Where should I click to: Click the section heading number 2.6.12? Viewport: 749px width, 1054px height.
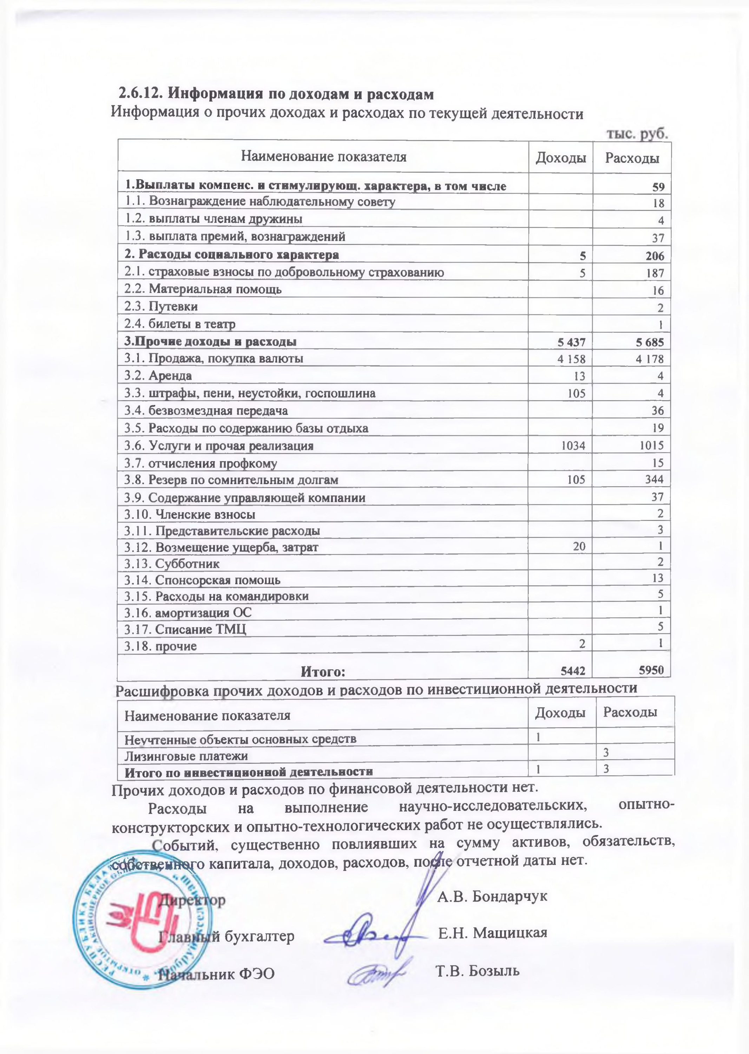140,94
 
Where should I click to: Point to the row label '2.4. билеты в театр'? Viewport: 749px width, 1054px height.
180,324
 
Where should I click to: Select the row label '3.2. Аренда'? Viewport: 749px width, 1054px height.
158,376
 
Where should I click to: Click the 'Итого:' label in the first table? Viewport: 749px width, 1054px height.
323,671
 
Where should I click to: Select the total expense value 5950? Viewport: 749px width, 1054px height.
652,670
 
